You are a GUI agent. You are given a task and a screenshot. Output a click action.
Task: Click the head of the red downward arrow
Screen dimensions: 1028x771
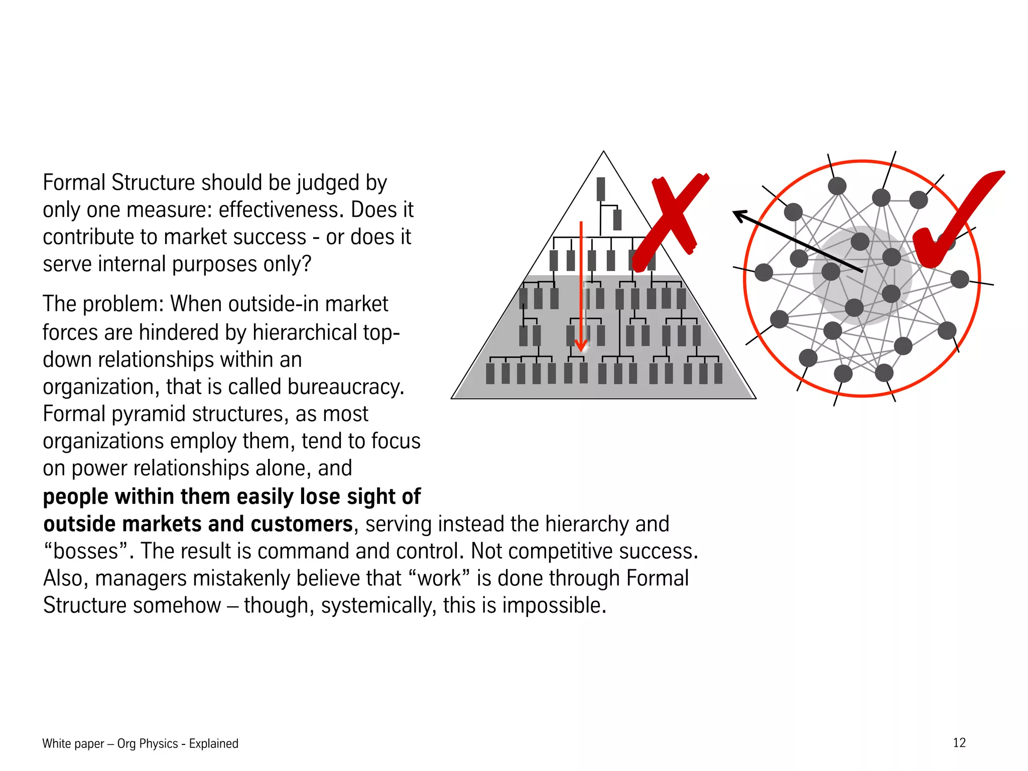point(581,345)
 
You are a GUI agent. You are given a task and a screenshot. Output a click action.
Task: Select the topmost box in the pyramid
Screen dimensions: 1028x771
point(600,189)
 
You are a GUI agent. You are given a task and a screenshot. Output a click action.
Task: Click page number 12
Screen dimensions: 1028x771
point(959,742)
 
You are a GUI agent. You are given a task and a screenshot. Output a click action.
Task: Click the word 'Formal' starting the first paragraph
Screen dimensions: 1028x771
point(75,183)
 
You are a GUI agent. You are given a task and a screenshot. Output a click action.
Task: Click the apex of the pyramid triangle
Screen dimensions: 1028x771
point(603,152)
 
